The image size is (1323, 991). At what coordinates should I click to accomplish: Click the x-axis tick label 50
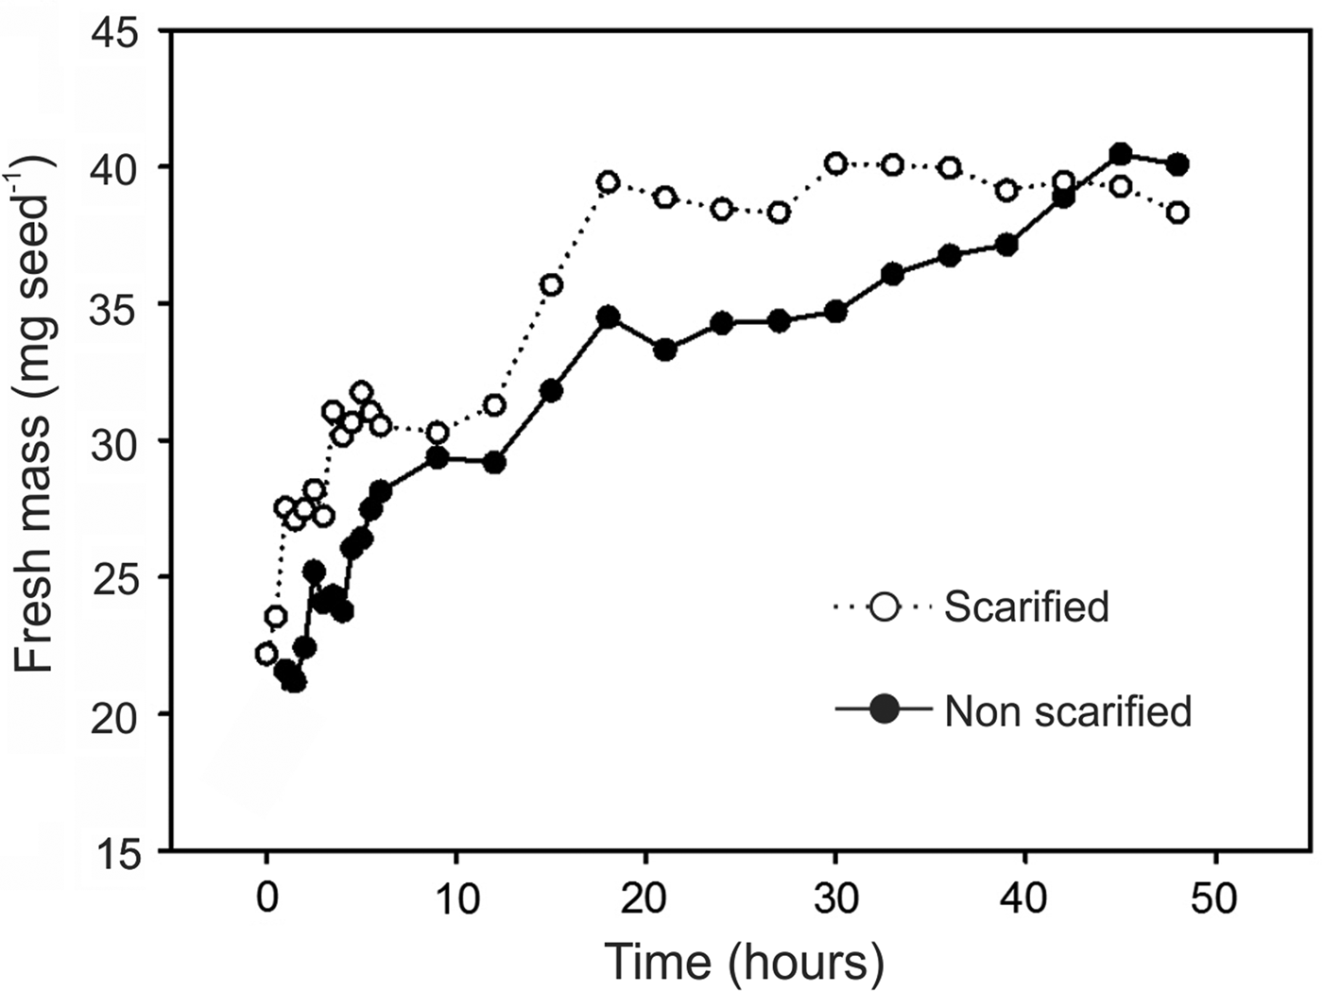(x=1214, y=898)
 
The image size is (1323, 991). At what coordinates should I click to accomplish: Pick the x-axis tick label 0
(x=266, y=898)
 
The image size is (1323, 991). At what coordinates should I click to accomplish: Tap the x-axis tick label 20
(x=645, y=898)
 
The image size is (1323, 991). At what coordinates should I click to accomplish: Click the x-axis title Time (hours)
(x=744, y=963)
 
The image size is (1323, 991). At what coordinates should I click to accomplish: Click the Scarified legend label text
(x=1026, y=607)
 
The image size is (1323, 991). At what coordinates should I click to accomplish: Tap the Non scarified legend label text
(x=1068, y=710)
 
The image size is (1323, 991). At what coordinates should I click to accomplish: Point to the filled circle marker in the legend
(x=885, y=709)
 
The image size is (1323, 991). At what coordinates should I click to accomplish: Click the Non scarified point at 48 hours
(x=1177, y=164)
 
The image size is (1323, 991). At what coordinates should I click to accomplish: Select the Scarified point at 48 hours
(x=1177, y=213)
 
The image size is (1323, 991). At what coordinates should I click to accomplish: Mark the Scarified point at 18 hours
(x=608, y=182)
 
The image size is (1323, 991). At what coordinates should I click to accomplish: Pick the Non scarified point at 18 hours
(x=608, y=316)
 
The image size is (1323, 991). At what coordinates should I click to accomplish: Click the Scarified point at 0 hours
(x=266, y=654)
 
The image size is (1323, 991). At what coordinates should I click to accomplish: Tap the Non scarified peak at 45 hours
(x=1120, y=153)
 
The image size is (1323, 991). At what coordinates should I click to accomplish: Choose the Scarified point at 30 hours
(x=835, y=163)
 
